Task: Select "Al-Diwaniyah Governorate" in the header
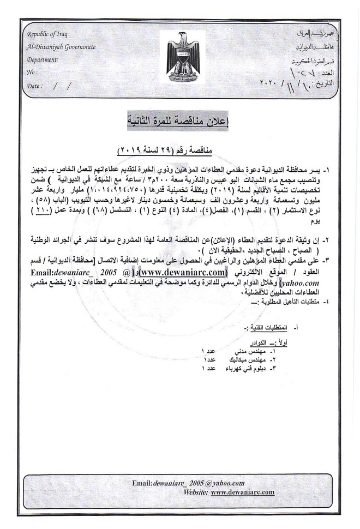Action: coord(61,47)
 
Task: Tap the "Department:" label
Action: coord(43,59)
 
